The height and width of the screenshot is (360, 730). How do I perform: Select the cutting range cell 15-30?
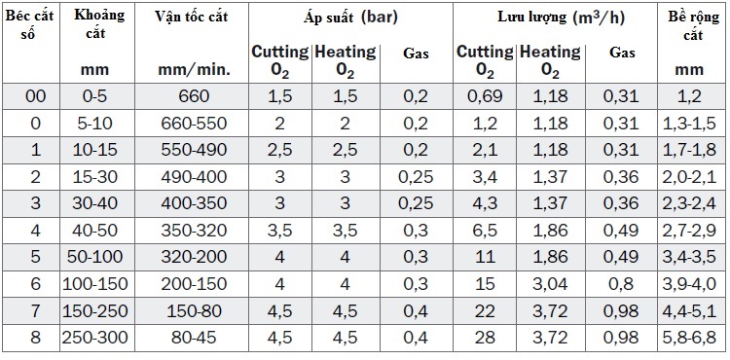click(96, 177)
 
